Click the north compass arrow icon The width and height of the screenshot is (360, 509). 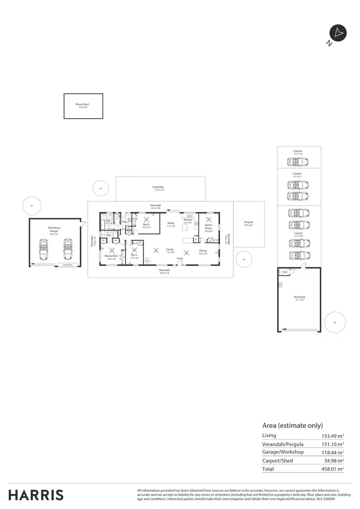(x=338, y=33)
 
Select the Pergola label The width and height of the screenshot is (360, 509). (x=248, y=223)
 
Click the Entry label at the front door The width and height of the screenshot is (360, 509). (x=180, y=259)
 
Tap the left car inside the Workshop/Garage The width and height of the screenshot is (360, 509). (x=44, y=251)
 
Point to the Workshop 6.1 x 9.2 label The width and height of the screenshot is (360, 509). (x=300, y=298)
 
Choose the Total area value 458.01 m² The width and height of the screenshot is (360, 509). (x=333, y=469)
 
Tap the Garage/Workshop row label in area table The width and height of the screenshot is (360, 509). (x=283, y=452)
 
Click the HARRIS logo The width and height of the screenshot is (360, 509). (x=36, y=495)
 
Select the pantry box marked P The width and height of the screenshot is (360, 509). (x=196, y=239)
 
